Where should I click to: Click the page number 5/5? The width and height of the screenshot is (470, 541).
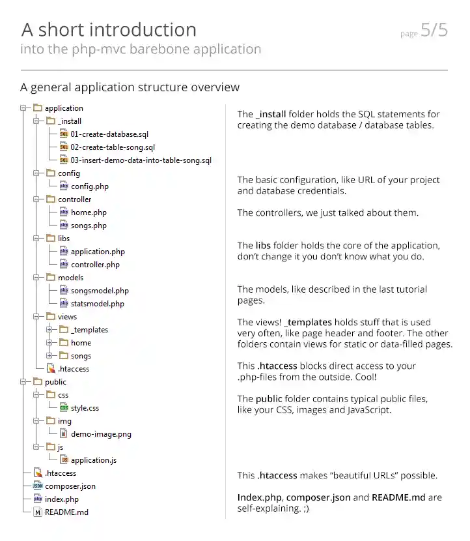pos(434,31)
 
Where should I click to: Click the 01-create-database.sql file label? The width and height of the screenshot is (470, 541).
pos(109,134)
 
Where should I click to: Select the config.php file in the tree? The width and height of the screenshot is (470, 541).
pos(90,186)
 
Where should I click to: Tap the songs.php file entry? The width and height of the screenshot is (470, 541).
pos(89,226)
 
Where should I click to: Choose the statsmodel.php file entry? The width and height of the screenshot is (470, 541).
pos(97,304)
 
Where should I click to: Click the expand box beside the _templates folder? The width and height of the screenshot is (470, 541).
pos(49,330)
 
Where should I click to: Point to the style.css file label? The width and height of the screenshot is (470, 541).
pos(85,408)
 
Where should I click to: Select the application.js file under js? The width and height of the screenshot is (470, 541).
pos(94,460)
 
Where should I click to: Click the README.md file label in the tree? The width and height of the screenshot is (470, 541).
pos(66,512)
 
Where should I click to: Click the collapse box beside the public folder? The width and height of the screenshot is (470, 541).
pos(23,382)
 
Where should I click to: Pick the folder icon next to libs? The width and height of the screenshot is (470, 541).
pos(50,239)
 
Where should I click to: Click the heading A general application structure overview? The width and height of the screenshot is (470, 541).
pos(130,87)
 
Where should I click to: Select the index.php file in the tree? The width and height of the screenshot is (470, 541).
pos(61,499)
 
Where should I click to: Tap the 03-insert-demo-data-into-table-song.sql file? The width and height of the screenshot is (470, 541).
pos(141,160)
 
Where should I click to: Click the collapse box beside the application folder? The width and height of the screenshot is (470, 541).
pos(23,108)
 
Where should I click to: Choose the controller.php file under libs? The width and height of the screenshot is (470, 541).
pos(95,265)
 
